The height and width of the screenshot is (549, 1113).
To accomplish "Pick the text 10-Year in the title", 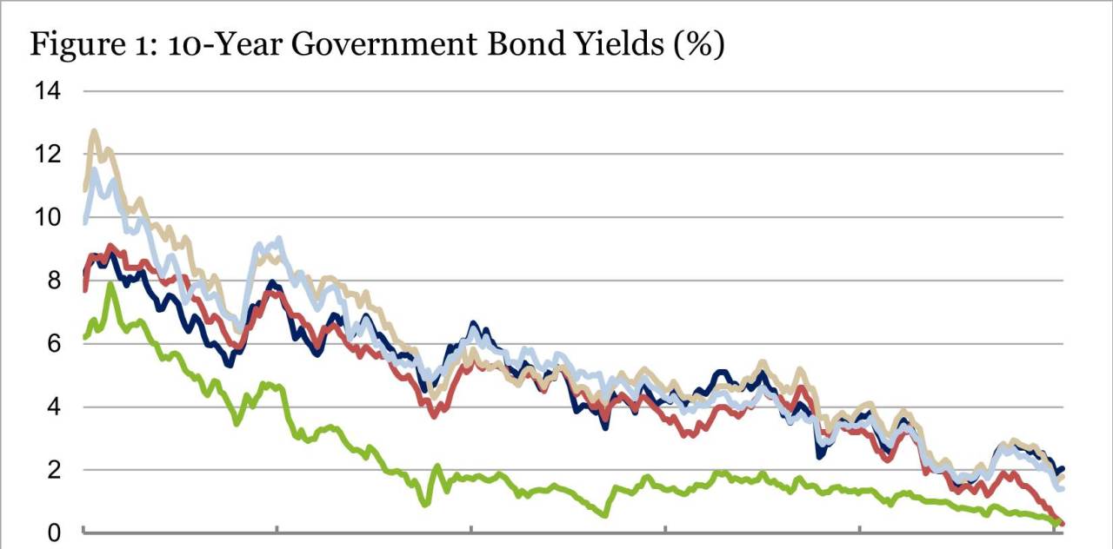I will [x=216, y=46].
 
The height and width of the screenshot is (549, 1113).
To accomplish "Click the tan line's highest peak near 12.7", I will [x=94, y=132].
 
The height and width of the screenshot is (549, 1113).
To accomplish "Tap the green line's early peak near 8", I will [x=110, y=284].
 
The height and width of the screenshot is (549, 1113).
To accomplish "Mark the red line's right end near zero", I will [x=1063, y=523].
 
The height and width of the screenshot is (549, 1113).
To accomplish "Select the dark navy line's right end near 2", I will [x=1063, y=469].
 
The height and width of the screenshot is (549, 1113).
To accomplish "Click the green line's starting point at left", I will [x=84, y=337].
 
